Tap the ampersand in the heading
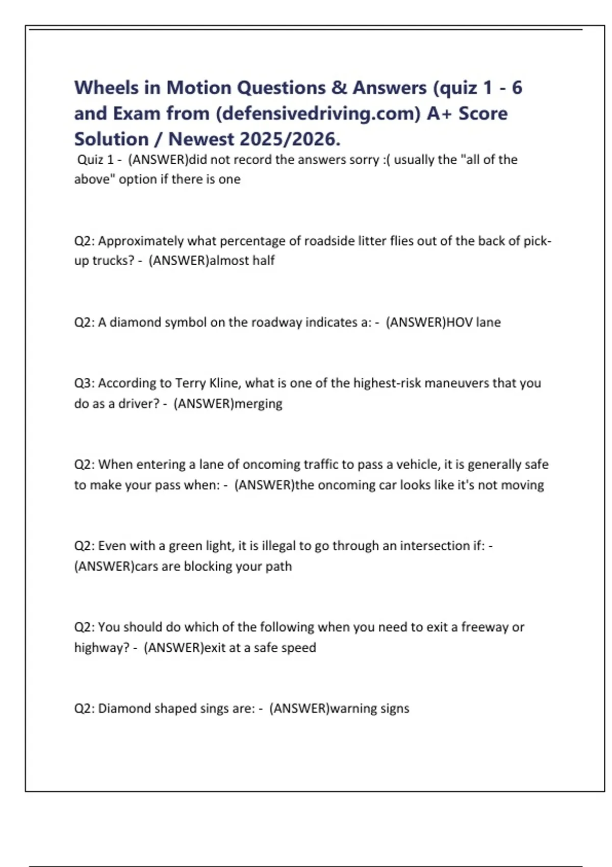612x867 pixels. tap(339, 88)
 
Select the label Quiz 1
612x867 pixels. tap(95, 160)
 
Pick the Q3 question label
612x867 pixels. tap(84, 383)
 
